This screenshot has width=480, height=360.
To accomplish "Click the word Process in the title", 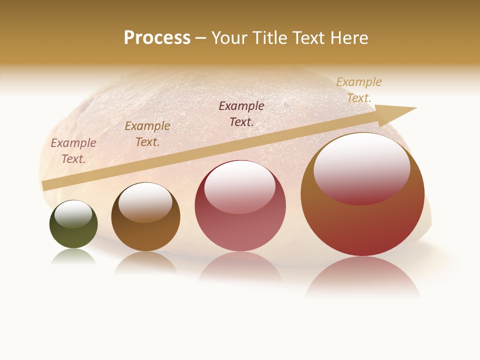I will point(157,38).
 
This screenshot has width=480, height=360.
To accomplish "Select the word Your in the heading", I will point(229,38).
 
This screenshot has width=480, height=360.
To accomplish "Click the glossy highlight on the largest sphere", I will point(361,167).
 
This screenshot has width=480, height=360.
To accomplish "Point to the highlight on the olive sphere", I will point(73,214).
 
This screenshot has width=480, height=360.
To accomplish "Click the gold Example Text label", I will point(359,90).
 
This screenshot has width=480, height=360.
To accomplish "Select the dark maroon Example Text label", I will point(241,113).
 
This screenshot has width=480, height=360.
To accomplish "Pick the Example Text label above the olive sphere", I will point(73,150).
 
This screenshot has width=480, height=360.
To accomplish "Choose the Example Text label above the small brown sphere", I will point(147,133).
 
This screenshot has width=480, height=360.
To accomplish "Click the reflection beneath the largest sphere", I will point(362,277).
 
